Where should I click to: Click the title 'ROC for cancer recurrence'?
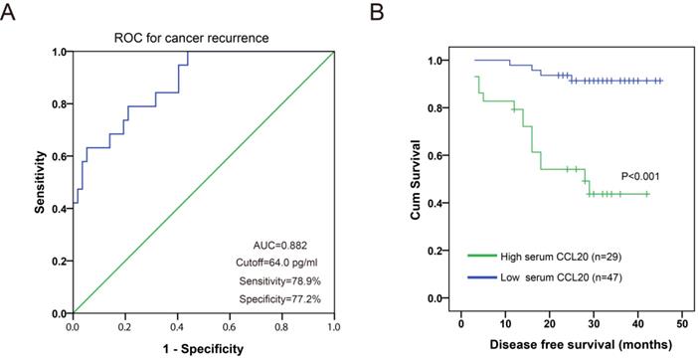[x=203, y=39]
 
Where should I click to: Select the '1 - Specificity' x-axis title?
[x=203, y=349]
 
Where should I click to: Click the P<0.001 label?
[x=640, y=176]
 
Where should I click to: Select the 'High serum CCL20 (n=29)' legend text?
[x=569, y=256]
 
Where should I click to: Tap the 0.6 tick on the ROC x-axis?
[x=229, y=325]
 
